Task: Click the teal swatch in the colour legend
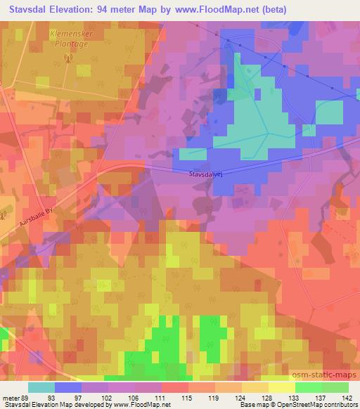coord(41,387)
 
